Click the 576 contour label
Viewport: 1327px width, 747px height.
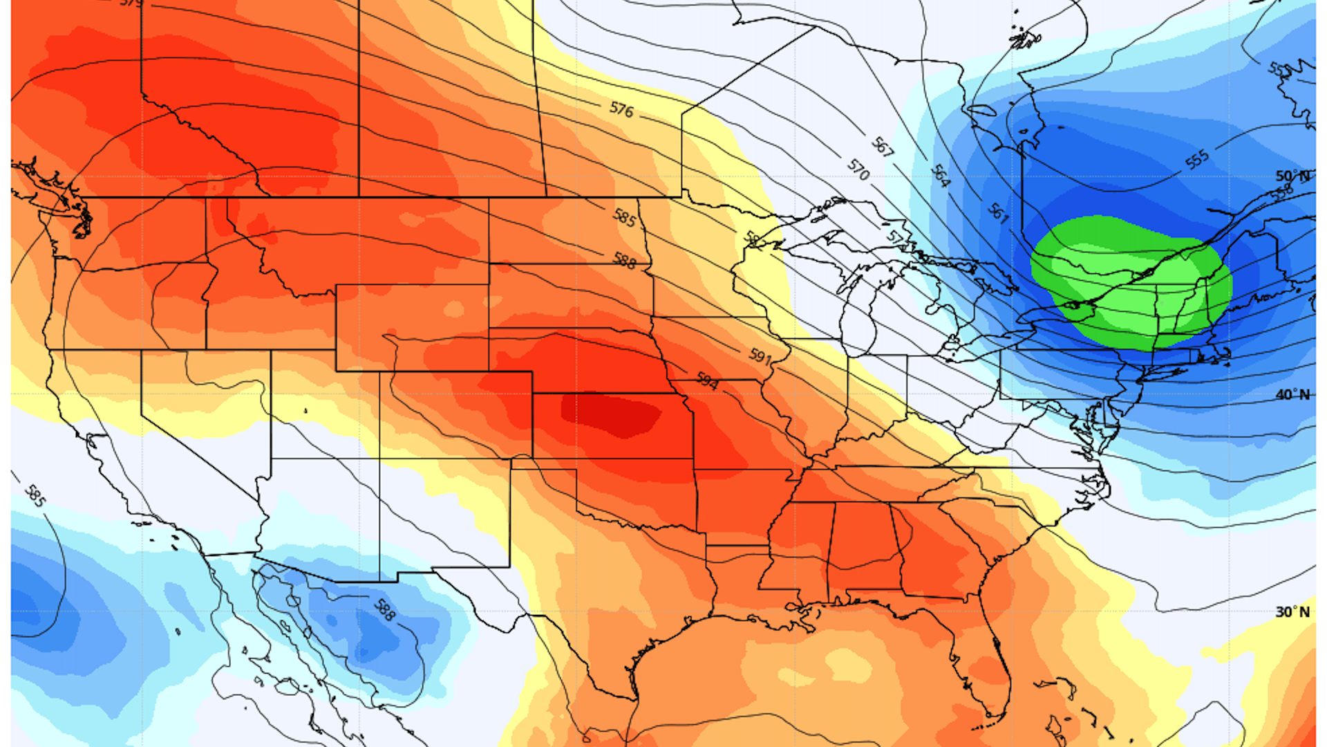pyautogui.click(x=621, y=109)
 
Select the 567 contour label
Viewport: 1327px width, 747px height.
pyautogui.click(x=882, y=147)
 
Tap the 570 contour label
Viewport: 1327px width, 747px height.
pyautogui.click(x=858, y=169)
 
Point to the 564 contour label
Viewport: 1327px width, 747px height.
pyautogui.click(x=941, y=176)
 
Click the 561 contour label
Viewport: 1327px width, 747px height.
pyautogui.click(x=998, y=212)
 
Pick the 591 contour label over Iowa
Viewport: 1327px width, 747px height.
pyautogui.click(x=760, y=356)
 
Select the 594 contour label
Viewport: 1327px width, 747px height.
pyautogui.click(x=706, y=380)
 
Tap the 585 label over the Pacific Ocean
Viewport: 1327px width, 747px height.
pyautogui.click(x=35, y=495)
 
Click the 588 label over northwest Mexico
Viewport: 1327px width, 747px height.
pyautogui.click(x=384, y=609)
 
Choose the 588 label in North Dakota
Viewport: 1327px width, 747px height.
pyautogui.click(x=624, y=261)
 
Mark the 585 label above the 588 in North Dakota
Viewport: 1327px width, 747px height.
pyautogui.click(x=624, y=218)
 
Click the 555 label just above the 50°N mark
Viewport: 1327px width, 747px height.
pyautogui.click(x=1197, y=159)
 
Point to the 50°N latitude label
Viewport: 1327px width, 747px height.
pyautogui.click(x=1292, y=176)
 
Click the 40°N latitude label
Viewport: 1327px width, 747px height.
pyautogui.click(x=1292, y=395)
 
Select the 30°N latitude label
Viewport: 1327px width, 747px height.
pyautogui.click(x=1292, y=612)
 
